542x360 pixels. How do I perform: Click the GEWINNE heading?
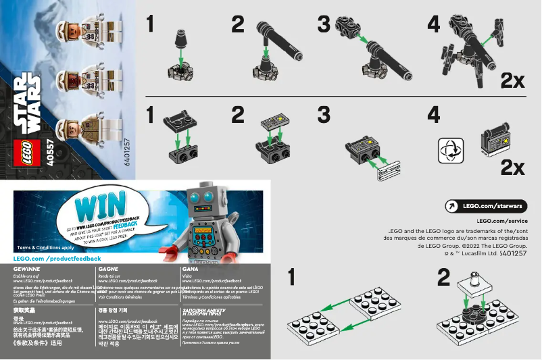coord(26,269)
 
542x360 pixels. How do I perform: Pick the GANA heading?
coord(190,269)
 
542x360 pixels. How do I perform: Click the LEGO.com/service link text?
coord(502,221)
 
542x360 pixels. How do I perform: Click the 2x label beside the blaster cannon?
coord(512,81)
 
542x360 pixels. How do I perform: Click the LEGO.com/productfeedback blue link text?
coord(57,259)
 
